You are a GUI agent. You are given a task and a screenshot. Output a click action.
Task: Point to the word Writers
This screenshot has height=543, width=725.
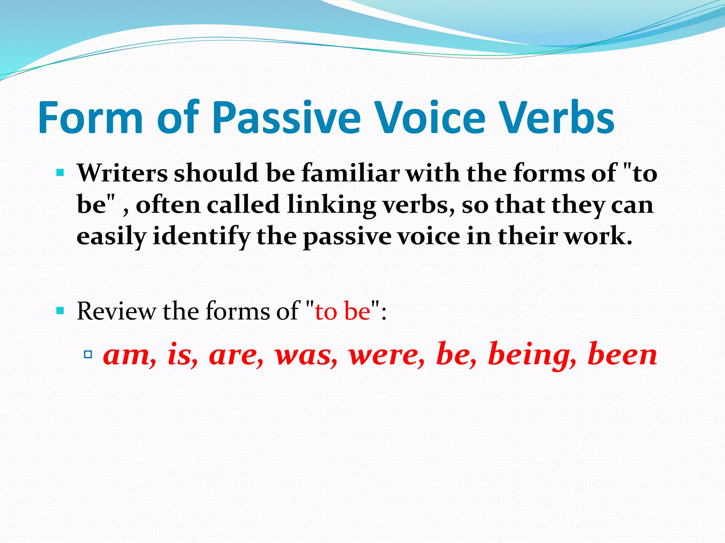(x=122, y=173)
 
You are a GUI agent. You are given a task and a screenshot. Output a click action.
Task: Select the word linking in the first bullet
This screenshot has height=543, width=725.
(x=331, y=205)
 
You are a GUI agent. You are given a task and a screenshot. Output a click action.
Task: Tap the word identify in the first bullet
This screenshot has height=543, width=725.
(x=201, y=236)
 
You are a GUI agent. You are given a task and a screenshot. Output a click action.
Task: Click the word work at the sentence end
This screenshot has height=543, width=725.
(x=598, y=236)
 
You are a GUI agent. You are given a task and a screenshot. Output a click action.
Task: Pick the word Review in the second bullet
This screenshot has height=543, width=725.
(x=116, y=311)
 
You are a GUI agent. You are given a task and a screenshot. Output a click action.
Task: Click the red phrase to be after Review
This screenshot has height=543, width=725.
(x=343, y=311)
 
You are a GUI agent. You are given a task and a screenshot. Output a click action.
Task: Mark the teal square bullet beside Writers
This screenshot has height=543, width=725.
(x=60, y=173)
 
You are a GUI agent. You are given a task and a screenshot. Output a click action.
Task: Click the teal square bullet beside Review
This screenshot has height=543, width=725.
(x=60, y=311)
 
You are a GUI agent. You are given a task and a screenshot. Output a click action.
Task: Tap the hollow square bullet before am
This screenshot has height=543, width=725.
(x=88, y=354)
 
